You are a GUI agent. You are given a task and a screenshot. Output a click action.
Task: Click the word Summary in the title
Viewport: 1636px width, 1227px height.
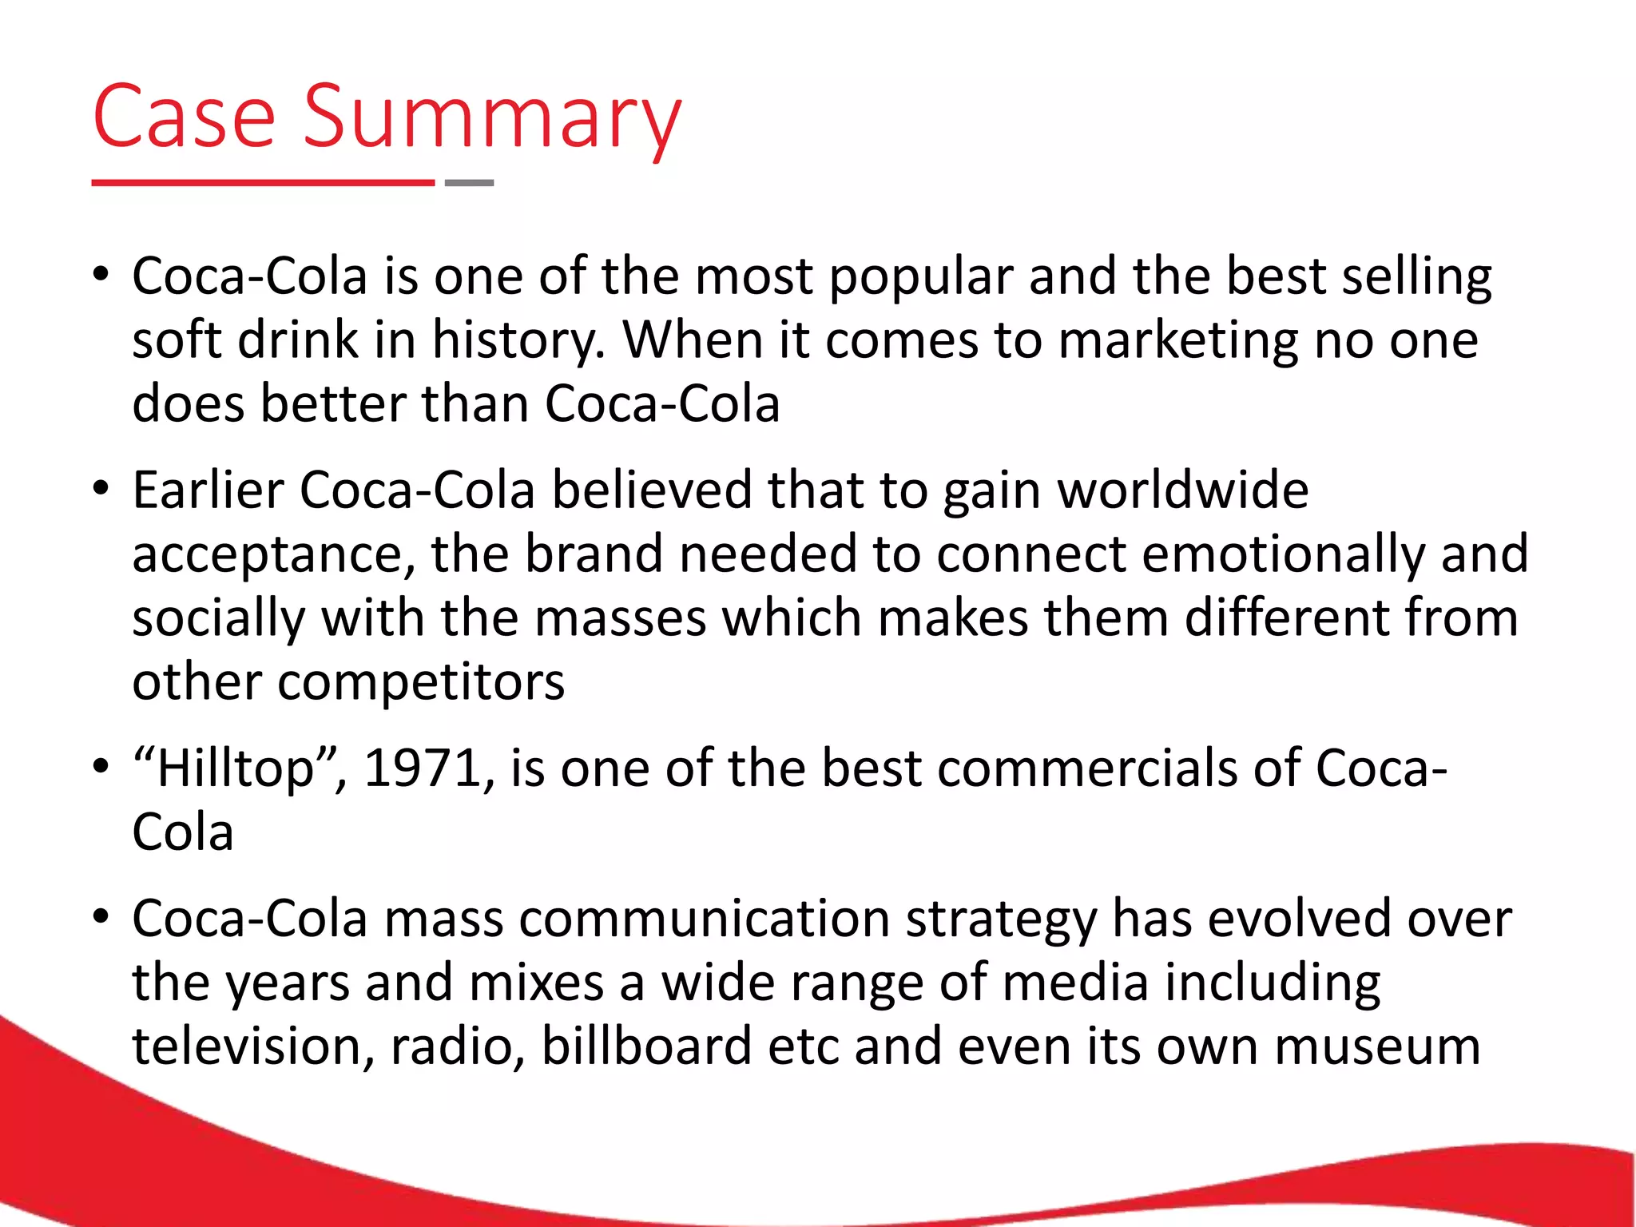[492, 118]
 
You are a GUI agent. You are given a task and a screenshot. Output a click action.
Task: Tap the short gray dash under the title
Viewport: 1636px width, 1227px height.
[469, 183]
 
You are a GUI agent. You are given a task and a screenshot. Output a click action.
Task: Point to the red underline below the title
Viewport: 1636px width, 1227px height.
[263, 183]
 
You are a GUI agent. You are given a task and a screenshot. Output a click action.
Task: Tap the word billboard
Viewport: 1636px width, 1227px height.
[646, 1046]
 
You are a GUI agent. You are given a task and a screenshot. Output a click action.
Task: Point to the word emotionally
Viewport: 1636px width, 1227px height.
[1283, 554]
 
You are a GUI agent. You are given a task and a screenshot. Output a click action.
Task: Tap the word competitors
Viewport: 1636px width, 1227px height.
[421, 683]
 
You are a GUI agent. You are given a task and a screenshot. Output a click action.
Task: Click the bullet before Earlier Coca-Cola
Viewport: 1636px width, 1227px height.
[100, 488]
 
